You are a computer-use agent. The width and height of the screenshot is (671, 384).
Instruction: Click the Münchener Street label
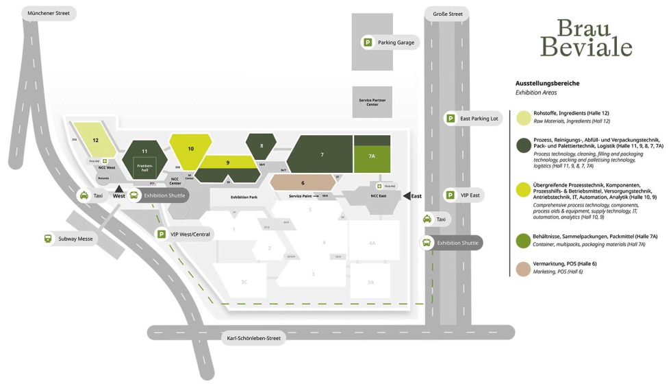[49, 13]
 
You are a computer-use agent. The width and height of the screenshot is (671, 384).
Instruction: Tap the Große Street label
[447, 13]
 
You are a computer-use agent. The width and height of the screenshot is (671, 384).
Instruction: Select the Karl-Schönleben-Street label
[254, 337]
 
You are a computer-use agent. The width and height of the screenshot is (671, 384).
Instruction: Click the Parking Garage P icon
[368, 43]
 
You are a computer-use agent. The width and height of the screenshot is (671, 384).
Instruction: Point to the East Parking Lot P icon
[451, 119]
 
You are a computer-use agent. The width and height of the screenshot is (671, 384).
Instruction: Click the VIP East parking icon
[451, 195]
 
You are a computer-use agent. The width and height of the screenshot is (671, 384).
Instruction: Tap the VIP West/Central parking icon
[162, 234]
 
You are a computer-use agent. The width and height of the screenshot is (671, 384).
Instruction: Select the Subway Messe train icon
[48, 239]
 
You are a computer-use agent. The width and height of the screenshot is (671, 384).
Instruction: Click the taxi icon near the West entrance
[84, 195]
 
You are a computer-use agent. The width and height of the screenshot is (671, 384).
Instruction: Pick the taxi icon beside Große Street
[427, 219]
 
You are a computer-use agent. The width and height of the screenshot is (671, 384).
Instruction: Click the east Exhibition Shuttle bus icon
[427, 243]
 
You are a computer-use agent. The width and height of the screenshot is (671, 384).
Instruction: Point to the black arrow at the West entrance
[119, 189]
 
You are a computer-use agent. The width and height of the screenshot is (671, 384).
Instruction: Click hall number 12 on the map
[96, 140]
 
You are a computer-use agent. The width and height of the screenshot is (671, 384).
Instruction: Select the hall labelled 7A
[372, 156]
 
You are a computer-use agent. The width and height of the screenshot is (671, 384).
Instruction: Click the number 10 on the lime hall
[190, 148]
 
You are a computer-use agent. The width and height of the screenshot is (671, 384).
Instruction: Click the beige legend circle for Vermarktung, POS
[524, 268]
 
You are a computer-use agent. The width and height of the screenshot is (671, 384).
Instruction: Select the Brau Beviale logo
[585, 38]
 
